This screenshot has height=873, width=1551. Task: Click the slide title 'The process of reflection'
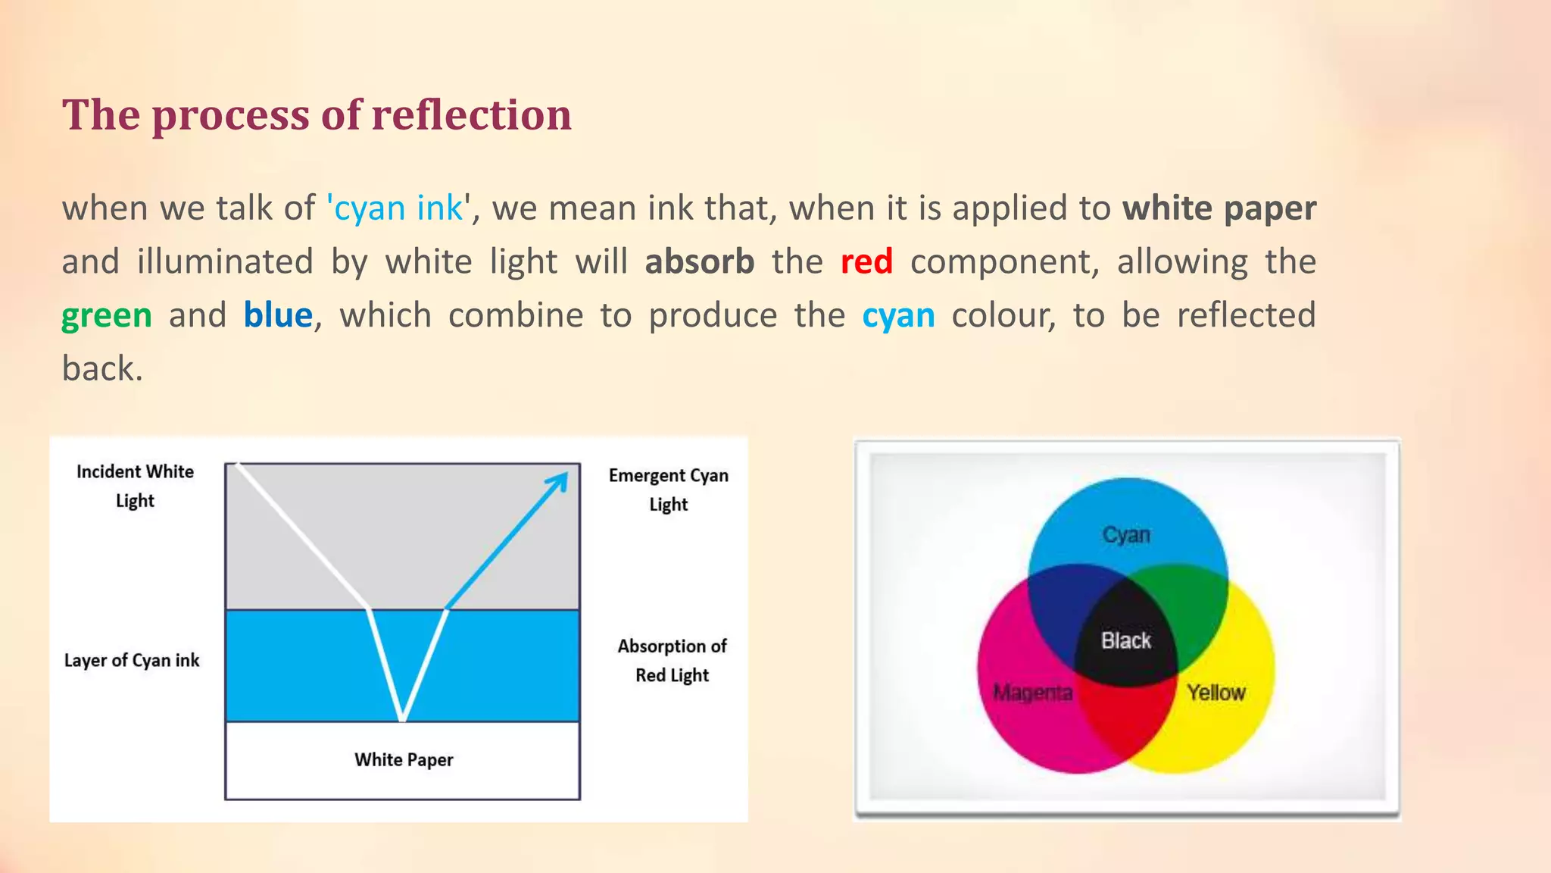317,115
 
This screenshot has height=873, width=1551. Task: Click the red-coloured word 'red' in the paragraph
866,262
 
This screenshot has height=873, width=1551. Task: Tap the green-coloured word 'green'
107,316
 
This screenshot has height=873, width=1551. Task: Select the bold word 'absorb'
700,262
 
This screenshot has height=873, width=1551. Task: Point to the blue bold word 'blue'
278,316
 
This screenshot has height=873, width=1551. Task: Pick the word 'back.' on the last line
102,369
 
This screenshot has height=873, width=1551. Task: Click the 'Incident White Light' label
135,486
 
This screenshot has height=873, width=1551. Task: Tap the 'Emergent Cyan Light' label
669,490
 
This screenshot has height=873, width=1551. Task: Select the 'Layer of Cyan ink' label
132,661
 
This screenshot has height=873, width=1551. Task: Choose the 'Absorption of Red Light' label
672,660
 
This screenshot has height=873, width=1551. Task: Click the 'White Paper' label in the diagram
404,760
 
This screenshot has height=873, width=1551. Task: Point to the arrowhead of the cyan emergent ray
561,480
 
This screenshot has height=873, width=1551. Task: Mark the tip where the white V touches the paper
403,718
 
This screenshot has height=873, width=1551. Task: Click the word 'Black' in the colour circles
1126,641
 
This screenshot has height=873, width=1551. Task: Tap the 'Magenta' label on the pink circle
1033,693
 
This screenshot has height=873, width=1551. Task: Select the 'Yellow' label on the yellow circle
1216,693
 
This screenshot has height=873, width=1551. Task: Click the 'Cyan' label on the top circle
1126,535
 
